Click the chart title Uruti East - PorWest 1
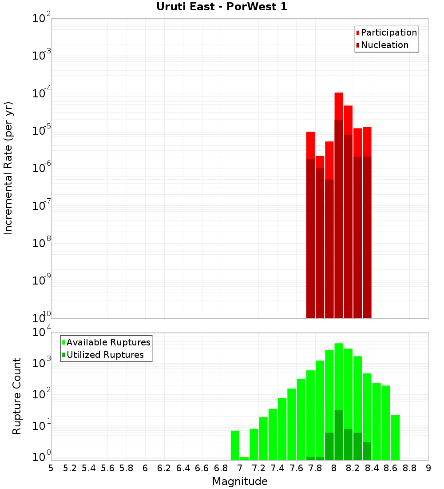(x=222, y=7)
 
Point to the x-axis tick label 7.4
(x=277, y=468)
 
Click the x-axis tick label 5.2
(x=70, y=468)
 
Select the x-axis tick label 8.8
(x=409, y=468)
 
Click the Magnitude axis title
(x=240, y=481)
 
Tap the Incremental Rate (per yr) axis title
(x=8, y=168)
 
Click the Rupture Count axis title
(x=17, y=396)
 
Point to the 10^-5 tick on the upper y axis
(x=41, y=131)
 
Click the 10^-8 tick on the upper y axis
(x=41, y=243)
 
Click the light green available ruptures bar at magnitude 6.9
(x=235, y=445)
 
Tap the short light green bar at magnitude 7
(x=244, y=458)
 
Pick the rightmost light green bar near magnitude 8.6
(x=395, y=437)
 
